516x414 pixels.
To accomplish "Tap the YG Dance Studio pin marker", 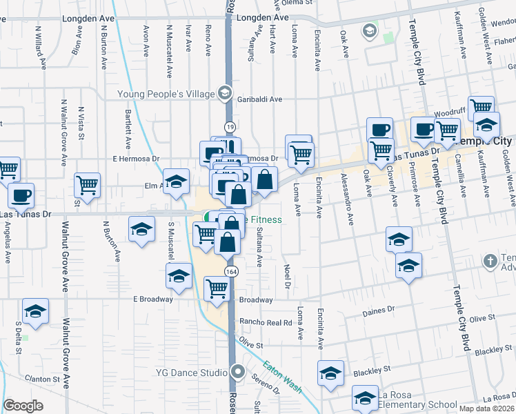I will click(238, 373).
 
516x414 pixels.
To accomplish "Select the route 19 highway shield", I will click(229, 127).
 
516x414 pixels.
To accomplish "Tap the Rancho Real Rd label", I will click(266, 322).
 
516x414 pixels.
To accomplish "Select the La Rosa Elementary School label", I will click(417, 405).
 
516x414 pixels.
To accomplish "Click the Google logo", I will click(23, 406).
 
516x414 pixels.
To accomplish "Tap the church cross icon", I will click(490, 261).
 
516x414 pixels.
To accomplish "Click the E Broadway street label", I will click(152, 299).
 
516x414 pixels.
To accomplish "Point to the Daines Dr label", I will click(378, 310).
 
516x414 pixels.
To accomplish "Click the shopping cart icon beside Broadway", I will click(217, 288).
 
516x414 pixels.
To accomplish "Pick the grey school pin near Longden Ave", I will click(370, 30).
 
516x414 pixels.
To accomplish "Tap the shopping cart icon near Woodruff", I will click(481, 108).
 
